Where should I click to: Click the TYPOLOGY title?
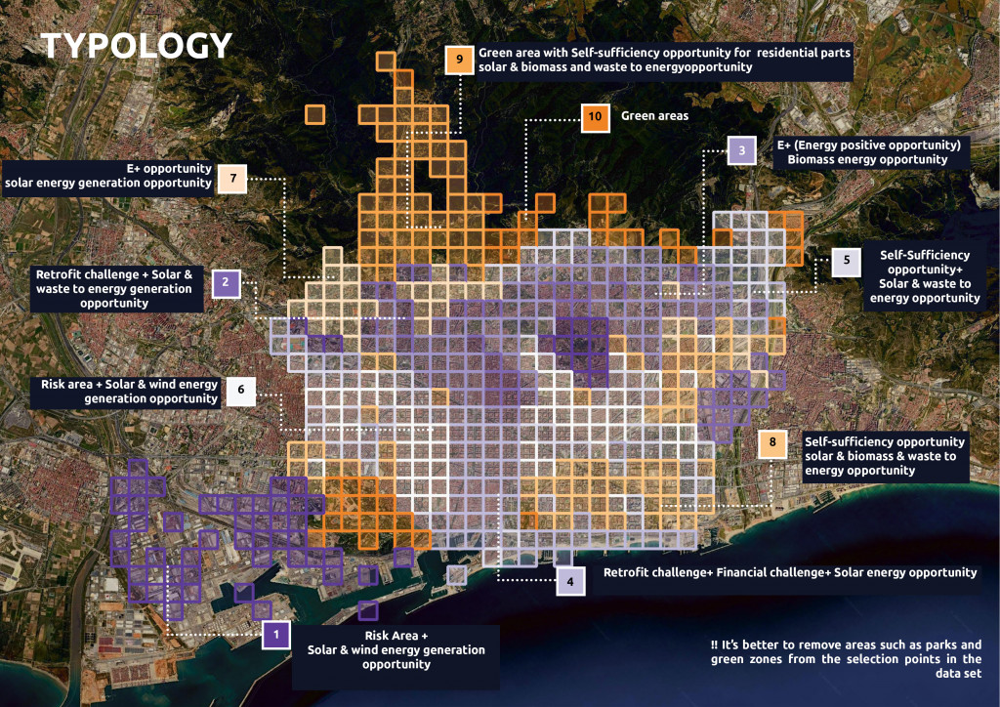tap(137, 45)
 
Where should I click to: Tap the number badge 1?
tap(276, 635)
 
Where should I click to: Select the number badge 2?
tap(226, 283)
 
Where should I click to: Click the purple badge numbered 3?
tap(742, 150)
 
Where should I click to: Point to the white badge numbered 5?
tap(847, 261)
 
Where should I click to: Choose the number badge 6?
tap(240, 392)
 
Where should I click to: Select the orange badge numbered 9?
tap(459, 60)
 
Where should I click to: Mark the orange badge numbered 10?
tap(595, 117)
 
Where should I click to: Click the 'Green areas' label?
tap(654, 116)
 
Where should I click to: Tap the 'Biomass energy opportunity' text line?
tap(860, 159)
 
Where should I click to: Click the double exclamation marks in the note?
tap(715, 645)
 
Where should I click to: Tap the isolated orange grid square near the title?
tap(314, 114)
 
